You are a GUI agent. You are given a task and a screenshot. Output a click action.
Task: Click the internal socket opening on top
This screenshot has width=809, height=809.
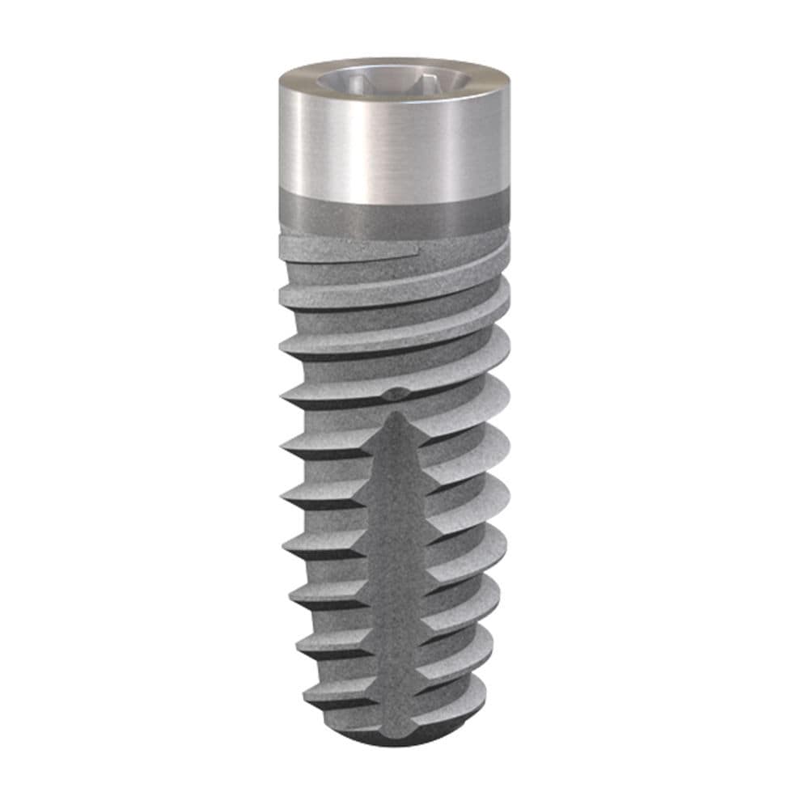[394, 80]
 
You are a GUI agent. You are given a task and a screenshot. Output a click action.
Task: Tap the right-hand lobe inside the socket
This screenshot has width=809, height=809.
[442, 82]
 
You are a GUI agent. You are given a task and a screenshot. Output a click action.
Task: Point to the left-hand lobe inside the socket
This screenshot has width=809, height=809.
[344, 81]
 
